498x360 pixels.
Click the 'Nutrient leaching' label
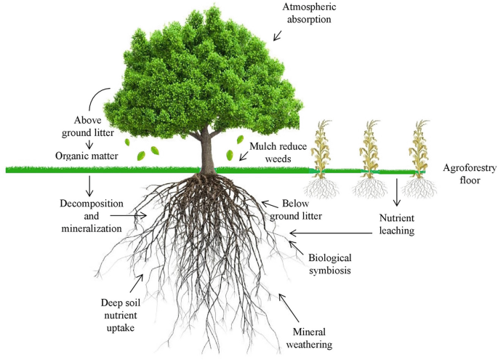[x=396, y=225]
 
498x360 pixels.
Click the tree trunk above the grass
[x=206, y=149]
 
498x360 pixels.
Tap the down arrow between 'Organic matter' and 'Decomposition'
[x=89, y=185]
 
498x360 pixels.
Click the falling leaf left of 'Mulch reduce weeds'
[x=230, y=155]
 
